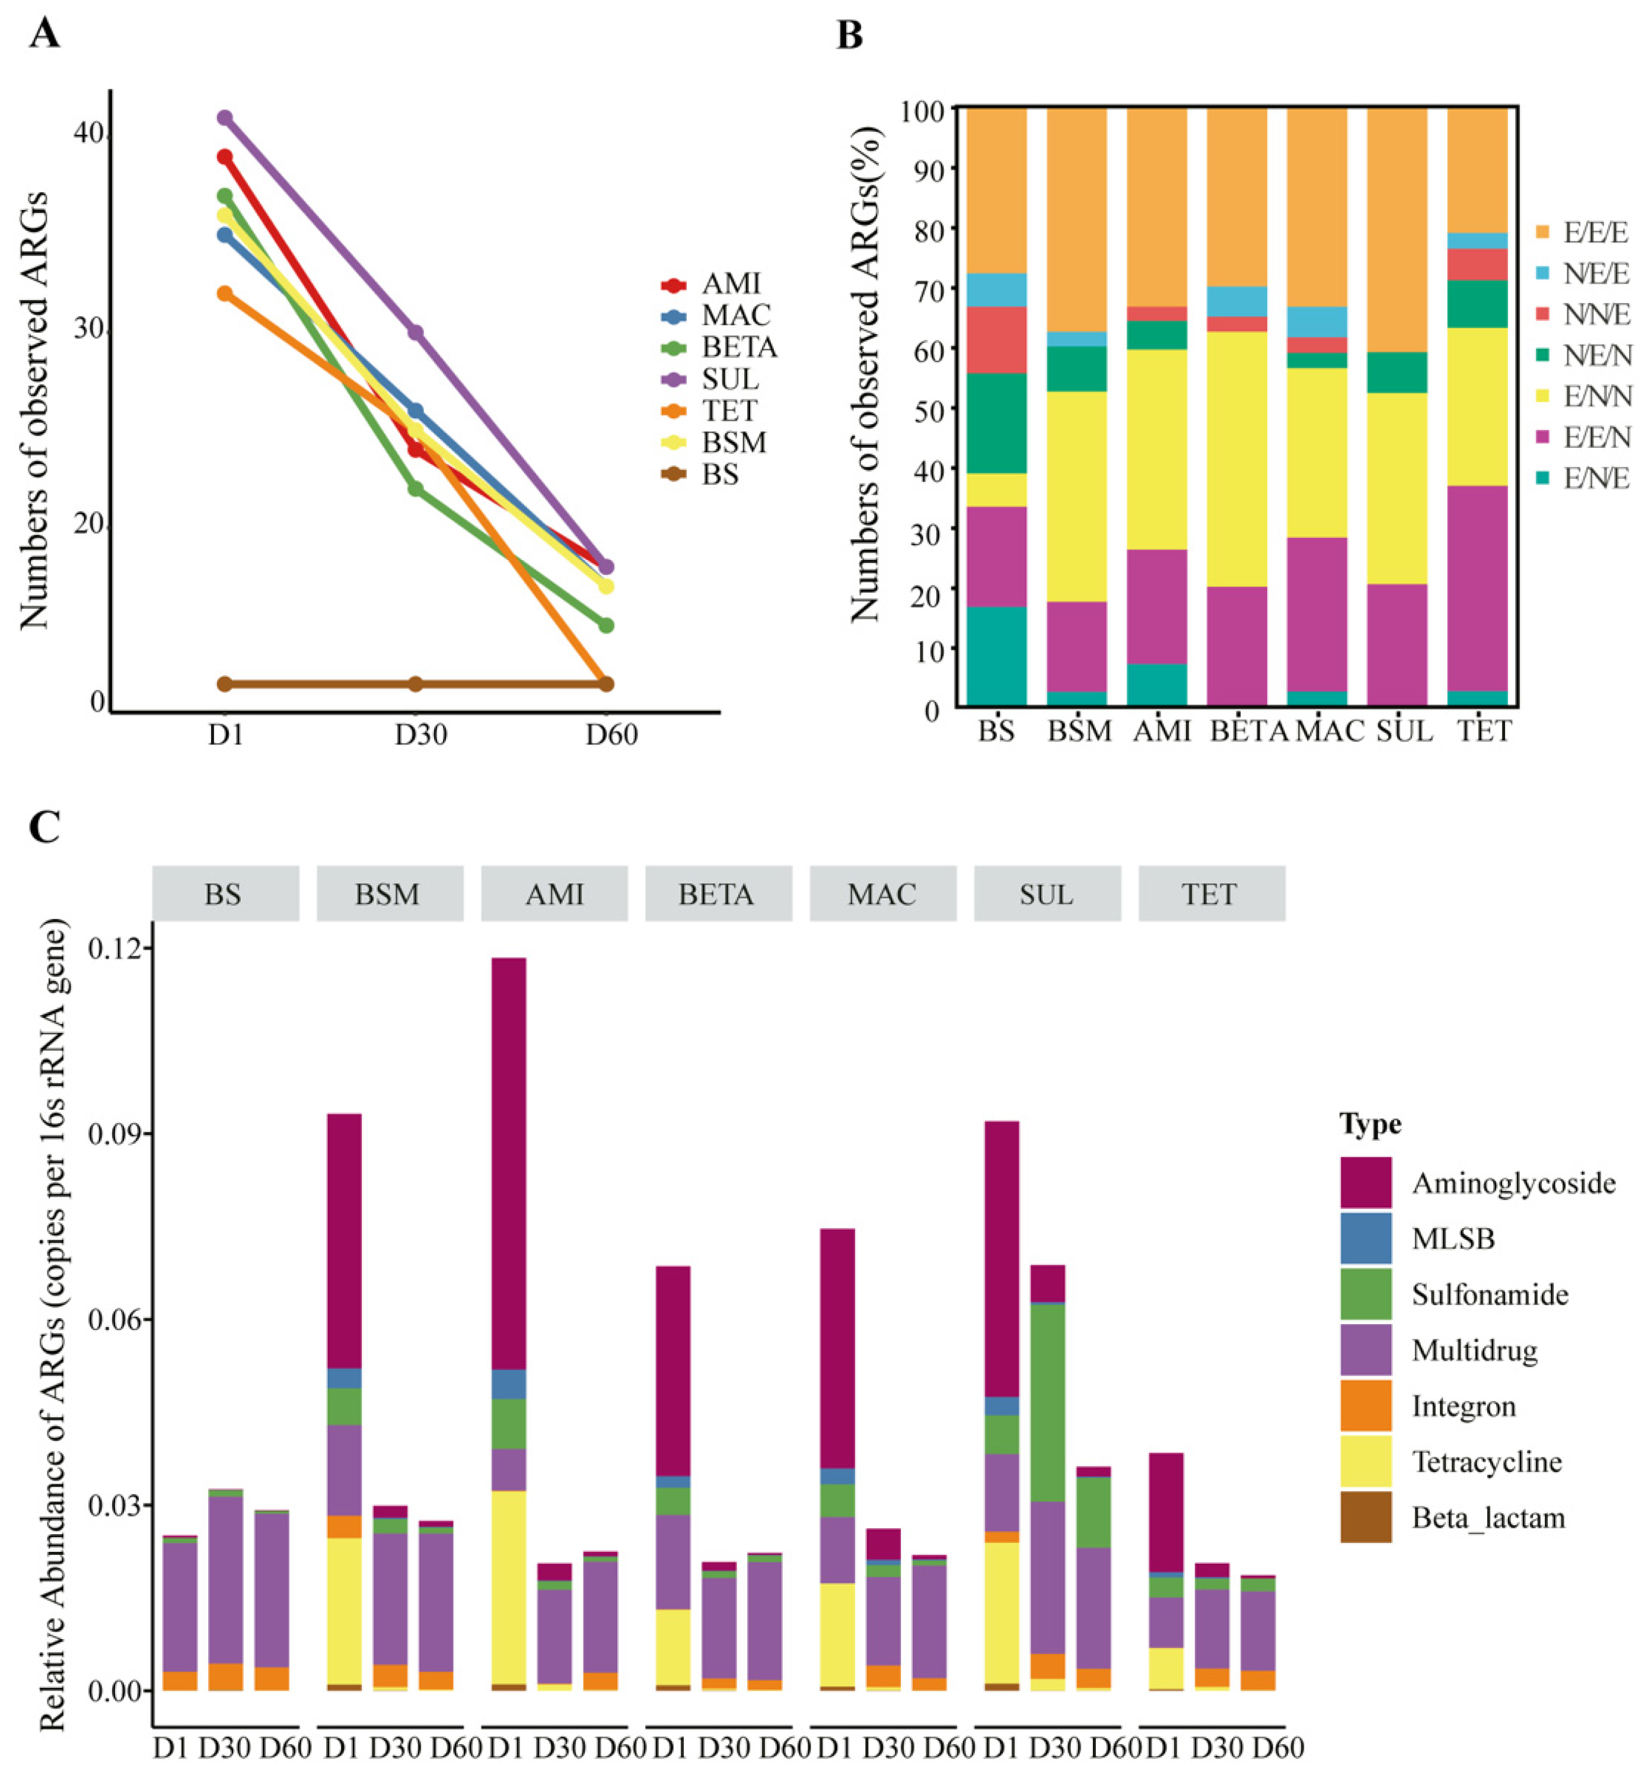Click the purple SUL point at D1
(225, 117)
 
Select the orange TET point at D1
(225, 294)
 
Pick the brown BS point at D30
(415, 683)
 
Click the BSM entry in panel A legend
(733, 443)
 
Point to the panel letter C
(44, 828)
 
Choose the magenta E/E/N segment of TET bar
(1477, 588)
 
